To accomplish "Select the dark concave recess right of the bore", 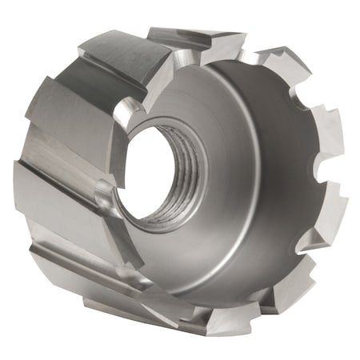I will (x=256, y=160).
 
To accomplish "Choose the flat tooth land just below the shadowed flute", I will (x=68, y=116).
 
